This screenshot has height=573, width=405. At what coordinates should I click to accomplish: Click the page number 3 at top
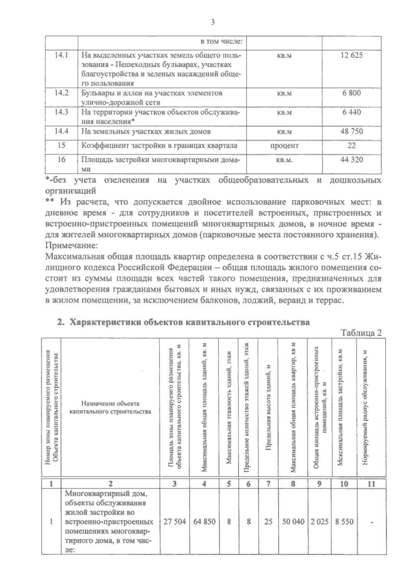point(213,23)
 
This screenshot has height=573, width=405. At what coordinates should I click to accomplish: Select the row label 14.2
point(61,93)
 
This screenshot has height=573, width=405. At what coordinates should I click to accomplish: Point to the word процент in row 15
point(284,146)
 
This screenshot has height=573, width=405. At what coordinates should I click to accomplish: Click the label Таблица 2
point(361,333)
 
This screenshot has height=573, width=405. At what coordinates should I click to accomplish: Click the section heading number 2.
point(60,322)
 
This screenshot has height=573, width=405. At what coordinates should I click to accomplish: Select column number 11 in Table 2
point(371,484)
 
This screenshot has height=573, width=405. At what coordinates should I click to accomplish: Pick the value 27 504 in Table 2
point(174,521)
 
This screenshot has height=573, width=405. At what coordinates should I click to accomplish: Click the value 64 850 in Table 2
point(204,521)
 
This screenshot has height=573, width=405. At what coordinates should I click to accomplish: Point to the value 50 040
point(293,521)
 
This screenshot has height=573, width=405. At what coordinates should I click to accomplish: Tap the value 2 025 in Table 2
point(319,521)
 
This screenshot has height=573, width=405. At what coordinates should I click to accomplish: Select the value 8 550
point(344,521)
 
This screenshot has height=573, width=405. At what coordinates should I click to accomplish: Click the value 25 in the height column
point(268,521)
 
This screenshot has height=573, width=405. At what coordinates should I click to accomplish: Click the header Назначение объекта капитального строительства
point(110,407)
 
